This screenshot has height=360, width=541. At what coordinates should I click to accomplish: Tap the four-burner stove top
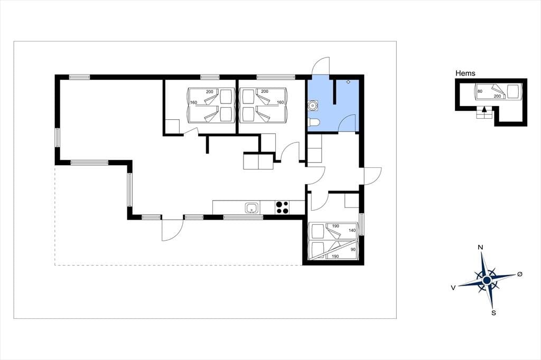click(x=282, y=207)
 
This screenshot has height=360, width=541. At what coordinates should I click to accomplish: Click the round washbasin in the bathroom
click(x=313, y=105)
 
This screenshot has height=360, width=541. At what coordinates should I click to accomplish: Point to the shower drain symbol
click(x=348, y=82)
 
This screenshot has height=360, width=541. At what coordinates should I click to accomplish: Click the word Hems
click(x=465, y=73)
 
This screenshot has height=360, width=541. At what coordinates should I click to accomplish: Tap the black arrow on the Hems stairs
click(x=484, y=109)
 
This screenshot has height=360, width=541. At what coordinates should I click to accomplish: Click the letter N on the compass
click(x=480, y=247)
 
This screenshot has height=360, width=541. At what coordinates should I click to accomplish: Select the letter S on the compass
click(x=494, y=313)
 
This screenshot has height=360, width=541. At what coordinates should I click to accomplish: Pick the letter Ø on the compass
click(x=520, y=274)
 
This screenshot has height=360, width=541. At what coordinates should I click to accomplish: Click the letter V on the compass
click(x=453, y=288)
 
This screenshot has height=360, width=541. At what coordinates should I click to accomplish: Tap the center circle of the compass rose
click(x=487, y=280)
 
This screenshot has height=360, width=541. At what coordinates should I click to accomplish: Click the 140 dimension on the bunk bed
click(x=352, y=230)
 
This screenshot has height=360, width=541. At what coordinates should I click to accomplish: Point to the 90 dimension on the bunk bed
click(x=353, y=249)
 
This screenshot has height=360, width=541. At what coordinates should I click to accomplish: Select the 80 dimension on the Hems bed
click(x=480, y=91)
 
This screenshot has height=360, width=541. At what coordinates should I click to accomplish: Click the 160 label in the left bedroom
click(x=193, y=102)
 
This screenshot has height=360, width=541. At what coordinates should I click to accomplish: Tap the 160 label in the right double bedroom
click(x=280, y=102)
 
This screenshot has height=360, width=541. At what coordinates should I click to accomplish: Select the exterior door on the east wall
click(x=372, y=176)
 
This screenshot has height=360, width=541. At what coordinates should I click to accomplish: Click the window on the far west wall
click(x=57, y=138)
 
